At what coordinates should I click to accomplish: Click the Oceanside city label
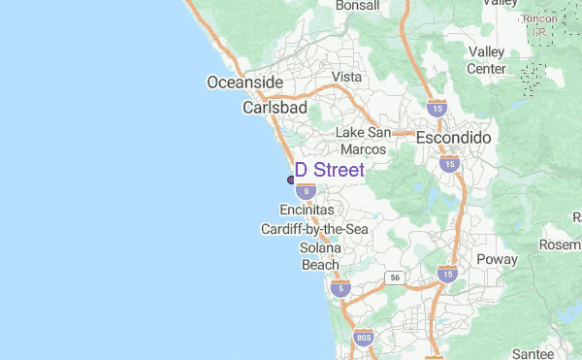pos(244,82)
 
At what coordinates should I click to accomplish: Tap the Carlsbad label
pos(275,107)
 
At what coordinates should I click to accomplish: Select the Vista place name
pos(346,77)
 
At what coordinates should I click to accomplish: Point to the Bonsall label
pos(357,6)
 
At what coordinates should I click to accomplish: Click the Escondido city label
pos(453,139)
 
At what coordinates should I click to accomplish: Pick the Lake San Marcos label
pos(364,141)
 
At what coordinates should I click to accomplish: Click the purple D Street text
pos(330,171)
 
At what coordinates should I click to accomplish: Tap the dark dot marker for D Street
pos(291,180)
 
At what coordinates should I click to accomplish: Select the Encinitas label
pos(307,210)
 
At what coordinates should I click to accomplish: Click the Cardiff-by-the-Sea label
pos(314,229)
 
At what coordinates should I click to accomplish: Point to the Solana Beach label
pos(320,256)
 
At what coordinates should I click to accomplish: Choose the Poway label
pos(497,260)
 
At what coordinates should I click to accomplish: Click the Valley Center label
pos(487,60)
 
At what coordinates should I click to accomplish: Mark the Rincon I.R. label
pos(540,24)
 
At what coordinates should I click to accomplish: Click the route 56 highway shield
pos(395,278)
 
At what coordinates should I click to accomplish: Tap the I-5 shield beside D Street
pos(305,191)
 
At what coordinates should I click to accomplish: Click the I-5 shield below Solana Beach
pos(339,287)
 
